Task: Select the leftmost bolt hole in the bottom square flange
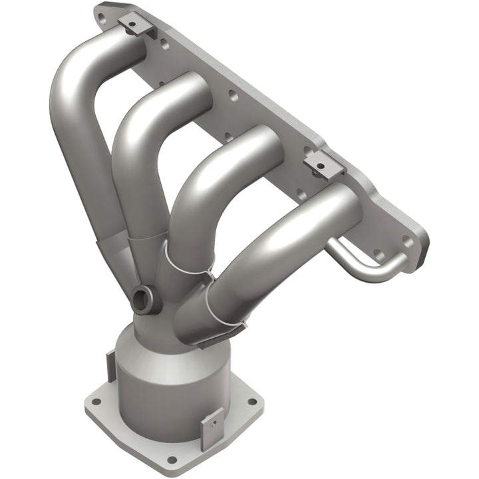pos(95,402)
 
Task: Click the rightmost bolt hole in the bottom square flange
pos(251,401)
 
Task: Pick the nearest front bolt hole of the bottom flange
pos(172,459)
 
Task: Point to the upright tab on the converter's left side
pos(110,364)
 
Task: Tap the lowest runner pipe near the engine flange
pos(313,220)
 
